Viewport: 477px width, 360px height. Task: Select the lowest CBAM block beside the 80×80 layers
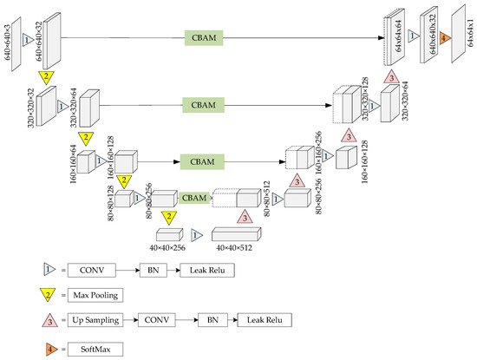pos(196,198)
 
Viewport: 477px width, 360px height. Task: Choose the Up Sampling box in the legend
pos(98,321)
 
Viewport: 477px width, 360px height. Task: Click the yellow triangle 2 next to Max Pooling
pos(50,295)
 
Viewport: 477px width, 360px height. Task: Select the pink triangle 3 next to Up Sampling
pos(50,320)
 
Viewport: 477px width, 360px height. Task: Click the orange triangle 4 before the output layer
pos(443,38)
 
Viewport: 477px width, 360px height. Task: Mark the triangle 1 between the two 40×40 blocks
pos(196,234)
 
